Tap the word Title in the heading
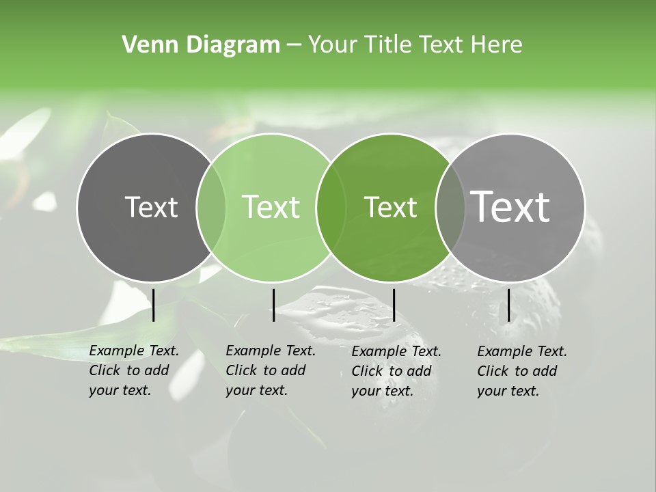tap(387, 45)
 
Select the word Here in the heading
tap(497, 45)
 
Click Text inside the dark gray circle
tap(151, 207)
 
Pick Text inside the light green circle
tap(271, 207)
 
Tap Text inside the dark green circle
tap(390, 207)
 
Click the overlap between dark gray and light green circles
tap(211, 208)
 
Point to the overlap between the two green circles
tap(331, 208)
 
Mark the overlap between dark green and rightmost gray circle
tap(450, 208)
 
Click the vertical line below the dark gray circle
tap(154, 305)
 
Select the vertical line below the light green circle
tap(273, 305)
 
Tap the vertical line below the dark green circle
tap(394, 305)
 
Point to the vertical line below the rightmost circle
tap(508, 305)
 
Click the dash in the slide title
tap(294, 46)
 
